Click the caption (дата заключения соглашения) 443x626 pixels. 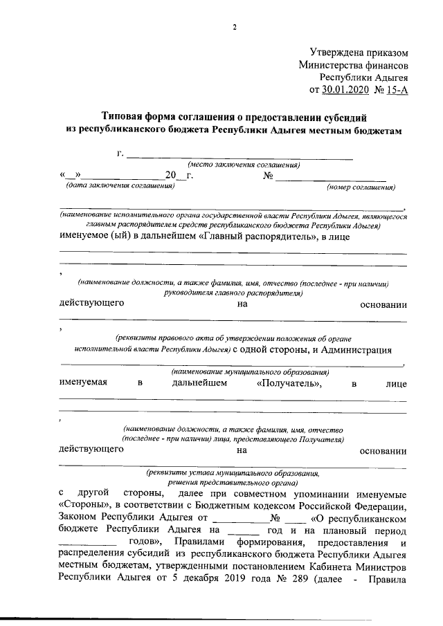tap(118, 186)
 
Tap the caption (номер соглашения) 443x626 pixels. tap(361, 187)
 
